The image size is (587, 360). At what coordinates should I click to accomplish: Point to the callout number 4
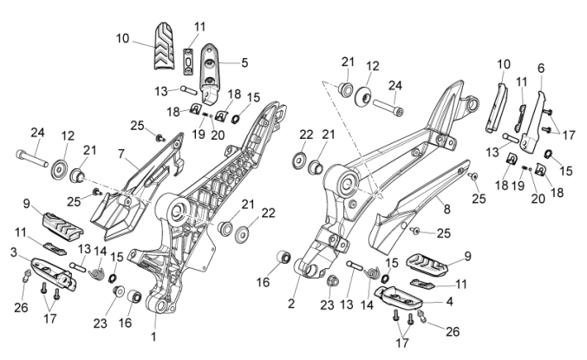(448, 301)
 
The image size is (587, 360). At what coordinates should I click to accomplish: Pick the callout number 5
(245, 62)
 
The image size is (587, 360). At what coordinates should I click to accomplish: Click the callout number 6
(541, 68)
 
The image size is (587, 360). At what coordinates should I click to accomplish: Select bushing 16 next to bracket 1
(134, 300)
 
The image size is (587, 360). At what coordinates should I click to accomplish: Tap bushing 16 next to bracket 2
(282, 259)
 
